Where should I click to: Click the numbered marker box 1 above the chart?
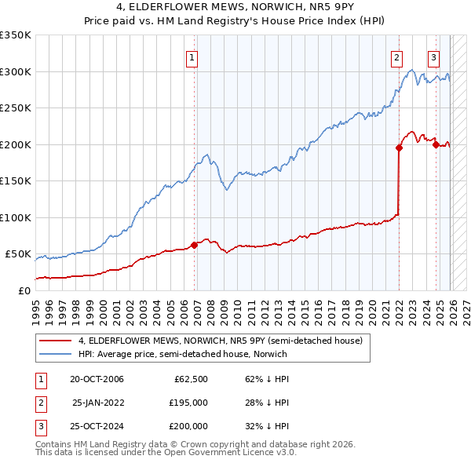[x=192, y=57]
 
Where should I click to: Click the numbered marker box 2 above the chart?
[x=397, y=57]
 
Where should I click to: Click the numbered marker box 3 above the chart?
[x=433, y=57]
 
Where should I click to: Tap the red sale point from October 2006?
[x=195, y=245]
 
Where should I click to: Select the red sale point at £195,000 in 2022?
[x=399, y=148]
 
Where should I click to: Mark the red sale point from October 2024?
[x=435, y=144]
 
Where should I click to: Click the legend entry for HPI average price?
[x=182, y=354]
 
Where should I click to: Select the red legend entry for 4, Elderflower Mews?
[x=220, y=341]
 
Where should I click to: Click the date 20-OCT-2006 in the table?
[x=97, y=379]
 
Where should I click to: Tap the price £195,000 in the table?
[x=189, y=403]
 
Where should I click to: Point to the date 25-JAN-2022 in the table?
[x=98, y=403]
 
